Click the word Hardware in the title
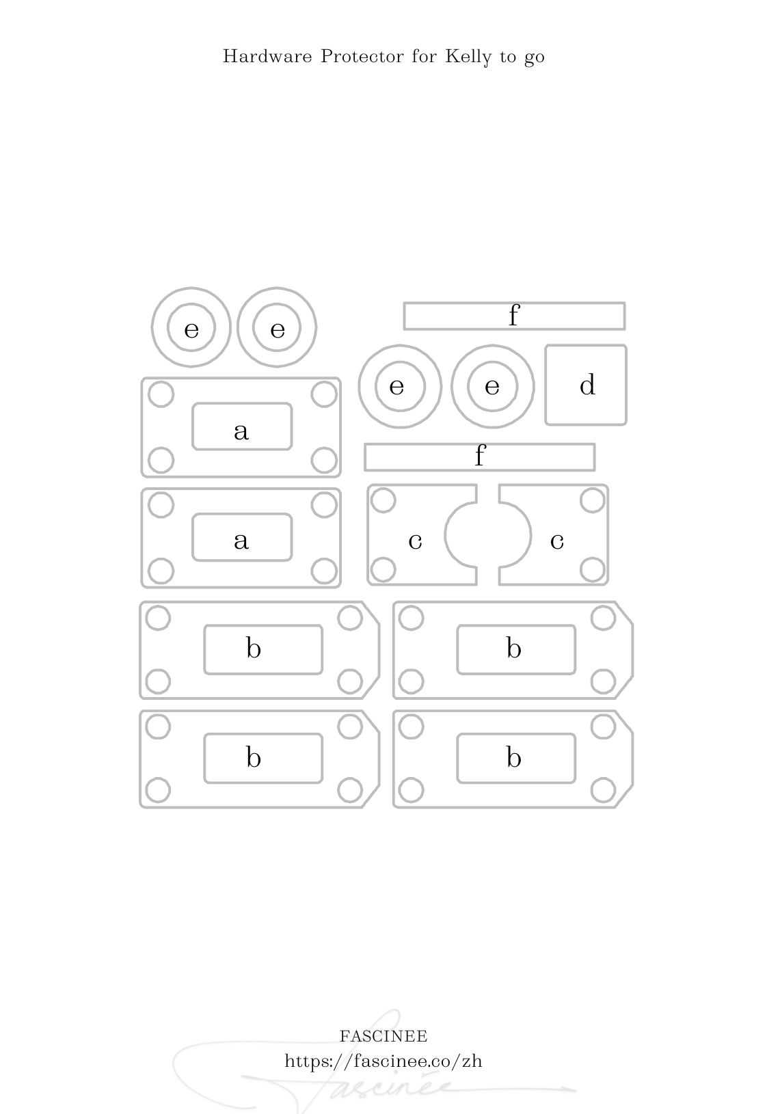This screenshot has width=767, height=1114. tap(267, 56)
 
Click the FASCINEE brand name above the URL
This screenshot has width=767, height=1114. tap(383, 1036)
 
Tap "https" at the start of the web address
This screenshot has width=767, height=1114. tap(304, 1061)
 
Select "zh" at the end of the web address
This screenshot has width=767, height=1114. tap(472, 1061)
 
